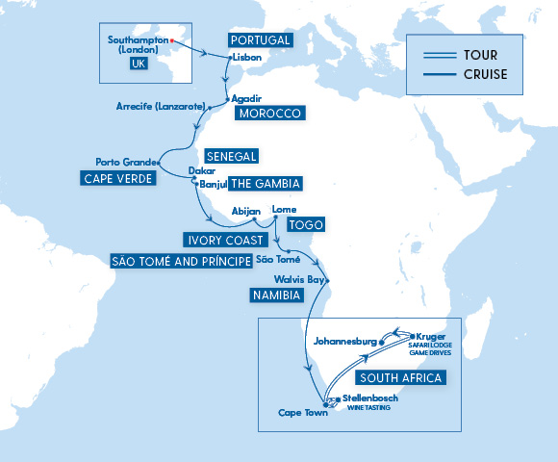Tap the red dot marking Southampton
point(171,40)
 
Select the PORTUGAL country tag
point(258,40)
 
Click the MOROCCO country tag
point(269,114)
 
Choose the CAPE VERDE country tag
point(117,178)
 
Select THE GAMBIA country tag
point(264,183)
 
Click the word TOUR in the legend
point(479,55)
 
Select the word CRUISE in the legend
point(485,74)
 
